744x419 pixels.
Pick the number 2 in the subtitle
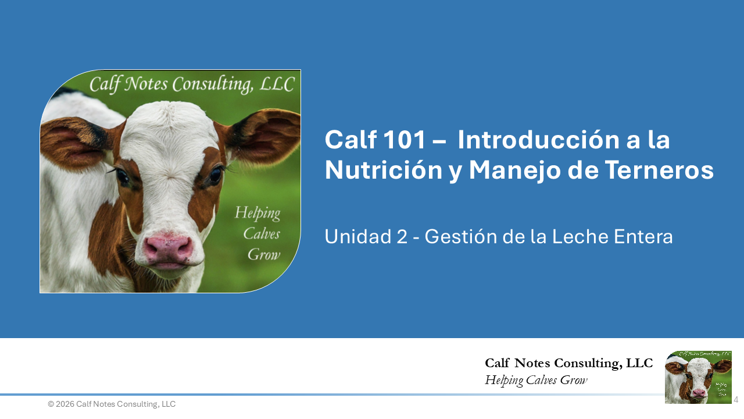pos(402,237)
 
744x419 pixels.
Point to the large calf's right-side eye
pos(215,174)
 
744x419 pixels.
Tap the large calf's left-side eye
pos(122,175)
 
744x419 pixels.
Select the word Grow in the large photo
pos(264,254)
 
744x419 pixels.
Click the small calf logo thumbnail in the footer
pos(698,377)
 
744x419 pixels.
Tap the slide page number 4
pos(736,400)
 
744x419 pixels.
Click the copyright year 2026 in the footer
pos(65,404)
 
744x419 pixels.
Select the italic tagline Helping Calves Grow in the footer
pos(536,381)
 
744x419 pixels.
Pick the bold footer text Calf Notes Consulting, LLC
pos(568,363)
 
